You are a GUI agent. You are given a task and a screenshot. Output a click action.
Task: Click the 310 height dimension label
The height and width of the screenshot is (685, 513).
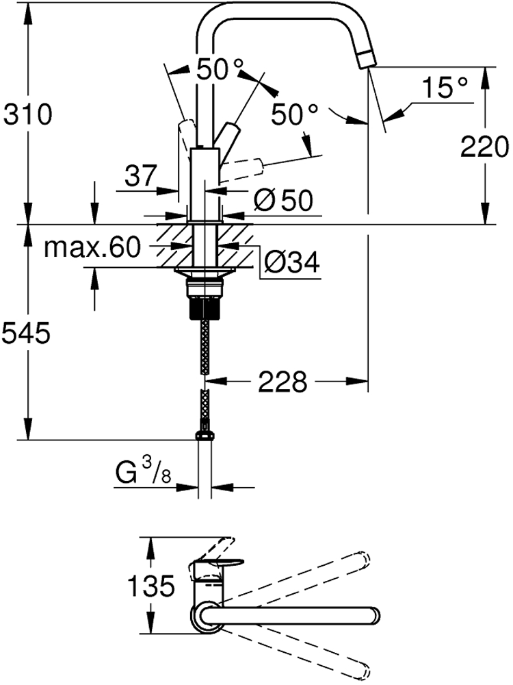(27, 114)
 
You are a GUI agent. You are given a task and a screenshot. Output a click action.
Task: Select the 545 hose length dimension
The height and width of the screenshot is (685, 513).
(26, 334)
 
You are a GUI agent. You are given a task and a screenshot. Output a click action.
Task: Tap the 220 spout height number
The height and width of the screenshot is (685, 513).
(485, 147)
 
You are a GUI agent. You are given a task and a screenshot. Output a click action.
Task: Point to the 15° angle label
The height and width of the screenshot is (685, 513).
(445, 88)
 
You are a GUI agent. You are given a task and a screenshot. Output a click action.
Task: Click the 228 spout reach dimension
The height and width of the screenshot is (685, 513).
(282, 382)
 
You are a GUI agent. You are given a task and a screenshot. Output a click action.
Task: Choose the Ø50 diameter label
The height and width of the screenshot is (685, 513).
(284, 201)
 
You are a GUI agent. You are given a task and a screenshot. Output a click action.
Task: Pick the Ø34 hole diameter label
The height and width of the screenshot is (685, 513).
(292, 262)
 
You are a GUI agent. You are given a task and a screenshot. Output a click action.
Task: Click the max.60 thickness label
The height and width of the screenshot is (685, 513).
(92, 247)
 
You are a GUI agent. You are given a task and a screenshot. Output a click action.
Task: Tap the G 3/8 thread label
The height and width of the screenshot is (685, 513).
(143, 473)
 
